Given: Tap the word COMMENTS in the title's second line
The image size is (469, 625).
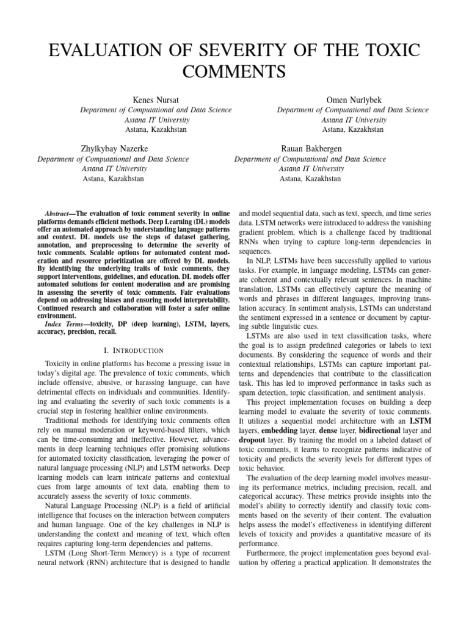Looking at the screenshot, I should [234, 71].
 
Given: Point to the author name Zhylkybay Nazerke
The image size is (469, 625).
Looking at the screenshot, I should [114, 148].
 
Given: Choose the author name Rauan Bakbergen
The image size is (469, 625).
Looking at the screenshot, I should [310, 148].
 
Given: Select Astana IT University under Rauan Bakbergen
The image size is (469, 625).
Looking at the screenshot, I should [310, 168].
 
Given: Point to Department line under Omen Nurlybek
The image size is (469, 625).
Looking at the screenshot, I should [352, 110].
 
